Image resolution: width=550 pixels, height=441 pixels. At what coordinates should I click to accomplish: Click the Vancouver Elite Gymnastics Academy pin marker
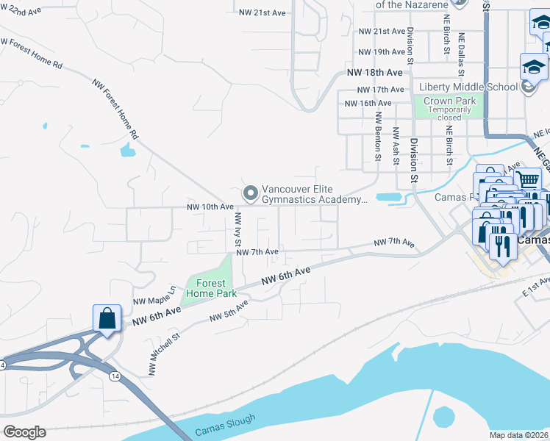(251, 193)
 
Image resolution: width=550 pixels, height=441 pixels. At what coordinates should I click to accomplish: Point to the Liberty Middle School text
(468, 87)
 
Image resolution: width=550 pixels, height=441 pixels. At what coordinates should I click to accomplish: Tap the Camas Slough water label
(226, 426)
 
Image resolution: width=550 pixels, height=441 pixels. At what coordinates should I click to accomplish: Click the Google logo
(24, 432)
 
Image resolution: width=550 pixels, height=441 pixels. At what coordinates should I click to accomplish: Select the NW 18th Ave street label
(375, 73)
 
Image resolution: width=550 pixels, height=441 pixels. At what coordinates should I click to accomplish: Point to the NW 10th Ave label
(210, 207)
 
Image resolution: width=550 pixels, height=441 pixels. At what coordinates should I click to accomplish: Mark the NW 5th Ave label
(229, 312)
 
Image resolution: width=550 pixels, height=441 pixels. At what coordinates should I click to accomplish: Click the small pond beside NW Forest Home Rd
(127, 151)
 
